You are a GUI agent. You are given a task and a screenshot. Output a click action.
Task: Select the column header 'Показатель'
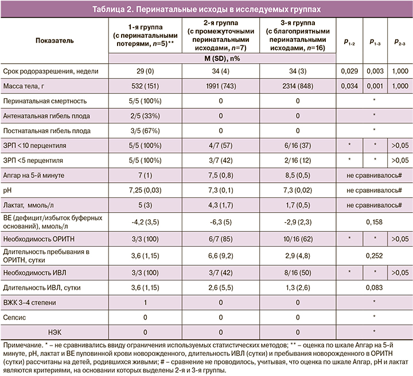[x=54, y=41]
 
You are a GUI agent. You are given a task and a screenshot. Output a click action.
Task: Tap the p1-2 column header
[x=348, y=42]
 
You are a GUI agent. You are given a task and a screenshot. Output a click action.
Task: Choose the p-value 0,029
[x=348, y=71]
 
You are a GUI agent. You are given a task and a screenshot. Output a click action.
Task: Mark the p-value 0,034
[x=348, y=86]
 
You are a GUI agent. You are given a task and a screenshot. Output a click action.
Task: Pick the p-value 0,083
[x=373, y=286]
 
